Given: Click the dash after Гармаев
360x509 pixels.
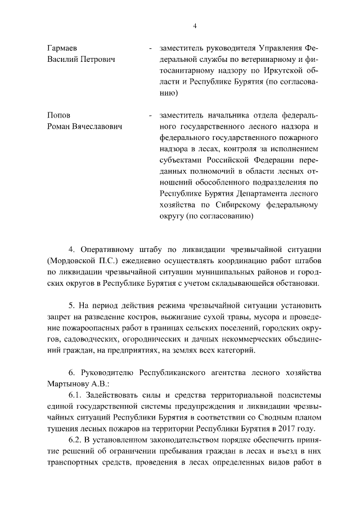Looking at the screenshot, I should [150, 49].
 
